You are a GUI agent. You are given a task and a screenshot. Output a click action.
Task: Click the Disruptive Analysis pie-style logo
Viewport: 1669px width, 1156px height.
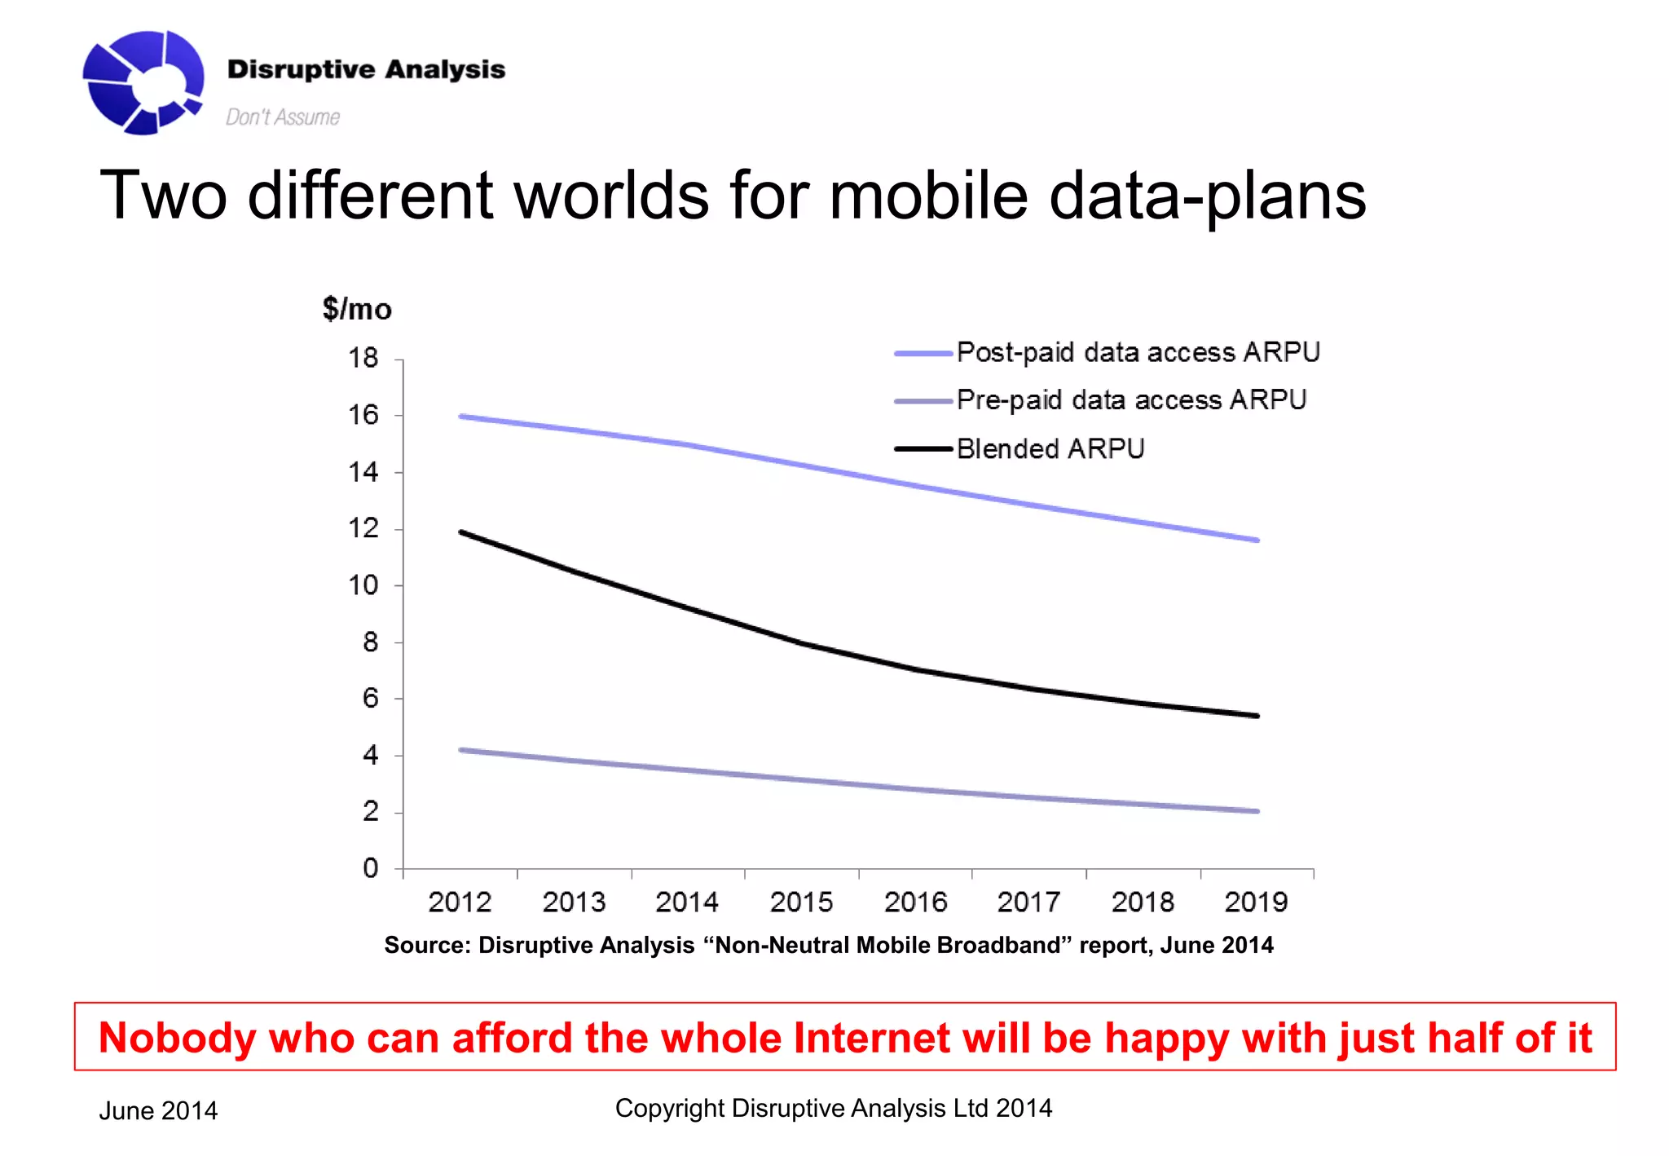coord(143,82)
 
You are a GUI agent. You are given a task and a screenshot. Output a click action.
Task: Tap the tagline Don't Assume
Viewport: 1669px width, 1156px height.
coord(282,117)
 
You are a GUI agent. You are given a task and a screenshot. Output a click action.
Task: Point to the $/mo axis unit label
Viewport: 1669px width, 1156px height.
coord(357,309)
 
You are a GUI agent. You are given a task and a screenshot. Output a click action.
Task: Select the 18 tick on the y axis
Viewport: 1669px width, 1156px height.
coord(363,358)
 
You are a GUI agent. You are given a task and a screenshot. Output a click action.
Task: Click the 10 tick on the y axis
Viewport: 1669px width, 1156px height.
coord(363,585)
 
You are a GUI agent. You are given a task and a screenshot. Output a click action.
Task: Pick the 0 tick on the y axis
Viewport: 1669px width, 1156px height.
coord(371,868)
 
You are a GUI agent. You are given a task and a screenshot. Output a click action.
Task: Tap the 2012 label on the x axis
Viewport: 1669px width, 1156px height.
coord(460,902)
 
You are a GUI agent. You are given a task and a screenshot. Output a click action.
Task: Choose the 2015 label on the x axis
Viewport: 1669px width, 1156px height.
coord(801,902)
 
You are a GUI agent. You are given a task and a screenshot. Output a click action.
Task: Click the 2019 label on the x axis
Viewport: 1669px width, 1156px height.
coord(1256,902)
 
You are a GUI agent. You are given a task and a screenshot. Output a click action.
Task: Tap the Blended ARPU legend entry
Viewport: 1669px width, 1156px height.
coord(1050,449)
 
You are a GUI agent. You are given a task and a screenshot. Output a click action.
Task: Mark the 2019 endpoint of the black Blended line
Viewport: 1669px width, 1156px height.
coord(1257,716)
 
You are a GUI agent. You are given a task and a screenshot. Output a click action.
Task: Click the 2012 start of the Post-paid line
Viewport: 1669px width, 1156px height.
coord(461,417)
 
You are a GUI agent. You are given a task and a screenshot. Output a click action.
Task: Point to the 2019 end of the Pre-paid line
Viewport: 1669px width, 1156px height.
coord(1257,811)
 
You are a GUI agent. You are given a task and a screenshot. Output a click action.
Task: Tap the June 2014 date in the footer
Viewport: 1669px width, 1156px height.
coord(158,1111)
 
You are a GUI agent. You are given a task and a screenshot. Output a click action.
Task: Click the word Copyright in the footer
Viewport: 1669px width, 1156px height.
coord(669,1109)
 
